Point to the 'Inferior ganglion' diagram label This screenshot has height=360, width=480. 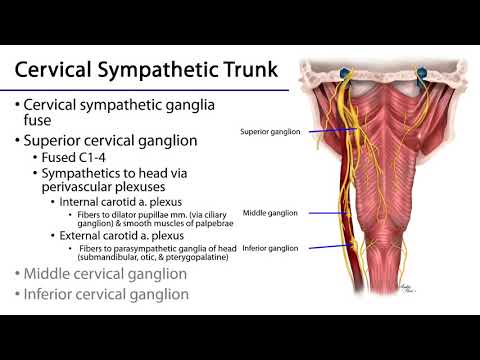coord(273,248)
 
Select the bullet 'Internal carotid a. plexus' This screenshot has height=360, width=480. coord(122,203)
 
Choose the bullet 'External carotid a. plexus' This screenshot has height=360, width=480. coord(124,236)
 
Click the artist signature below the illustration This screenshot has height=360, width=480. coord(407,287)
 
